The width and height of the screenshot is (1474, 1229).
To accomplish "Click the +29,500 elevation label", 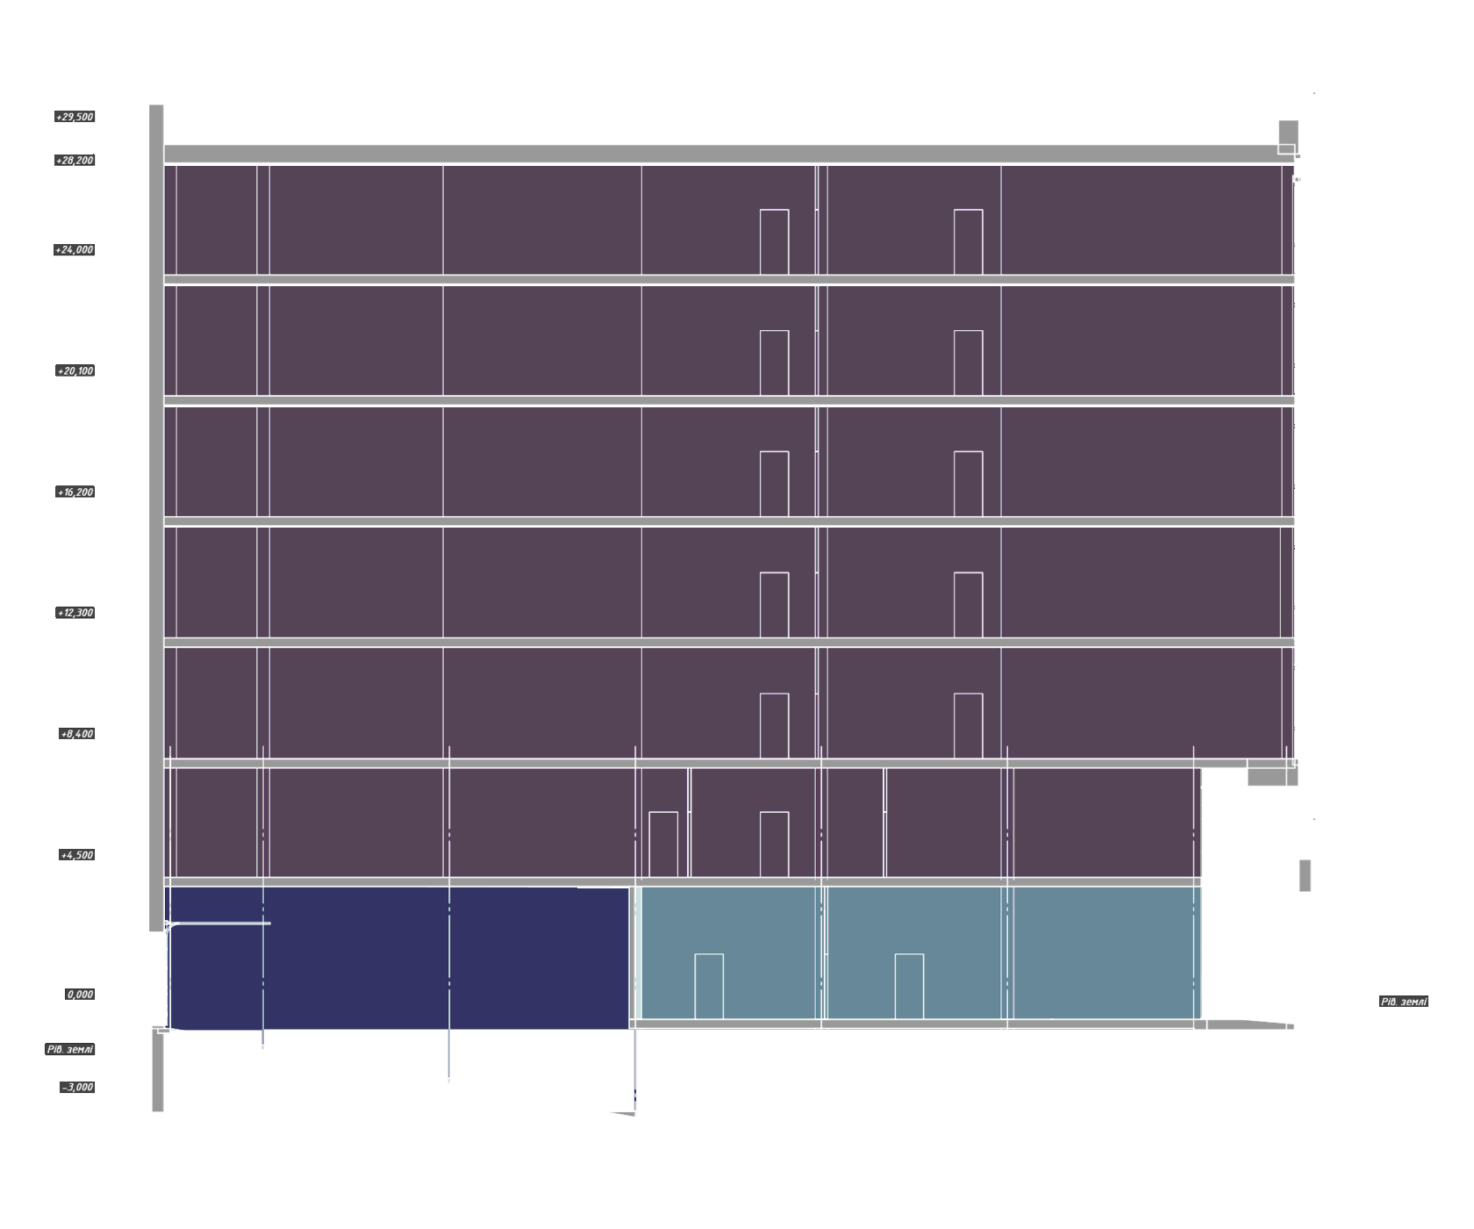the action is [x=75, y=117].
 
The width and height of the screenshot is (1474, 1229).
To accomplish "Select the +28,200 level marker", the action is [x=75, y=161].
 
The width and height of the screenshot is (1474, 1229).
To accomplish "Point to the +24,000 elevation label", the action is [x=75, y=250].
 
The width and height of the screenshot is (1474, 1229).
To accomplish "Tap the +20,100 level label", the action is [x=75, y=371].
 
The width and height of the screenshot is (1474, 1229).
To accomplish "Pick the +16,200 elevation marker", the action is [x=75, y=492].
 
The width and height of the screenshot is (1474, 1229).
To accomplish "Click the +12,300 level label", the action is [x=75, y=613].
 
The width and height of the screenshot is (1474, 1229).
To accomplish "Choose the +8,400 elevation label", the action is [x=76, y=734].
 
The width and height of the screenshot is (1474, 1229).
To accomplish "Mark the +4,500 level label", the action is [x=76, y=855].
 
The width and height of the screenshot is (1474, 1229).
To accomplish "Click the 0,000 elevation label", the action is [x=80, y=995].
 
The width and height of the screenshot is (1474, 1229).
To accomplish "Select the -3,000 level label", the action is [x=77, y=1088].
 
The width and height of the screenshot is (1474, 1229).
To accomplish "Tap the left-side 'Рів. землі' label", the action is [x=70, y=1050].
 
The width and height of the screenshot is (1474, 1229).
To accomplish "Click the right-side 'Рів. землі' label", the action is [x=1403, y=1002].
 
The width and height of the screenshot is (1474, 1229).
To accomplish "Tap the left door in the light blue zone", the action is [x=709, y=986].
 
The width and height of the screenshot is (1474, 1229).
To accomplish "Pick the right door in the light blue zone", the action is [x=909, y=986].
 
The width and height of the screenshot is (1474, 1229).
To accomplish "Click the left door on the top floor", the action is [x=774, y=242].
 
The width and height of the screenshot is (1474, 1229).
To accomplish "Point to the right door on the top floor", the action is [x=968, y=242].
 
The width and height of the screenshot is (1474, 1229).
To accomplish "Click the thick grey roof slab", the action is [x=719, y=154].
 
